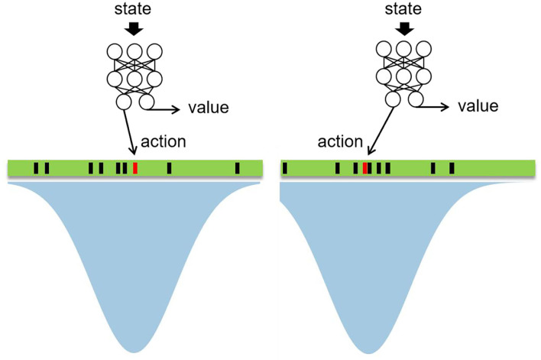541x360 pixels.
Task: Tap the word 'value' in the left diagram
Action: [207, 107]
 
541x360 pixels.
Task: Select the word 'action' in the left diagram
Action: [164, 142]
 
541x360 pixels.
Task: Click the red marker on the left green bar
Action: [134, 168]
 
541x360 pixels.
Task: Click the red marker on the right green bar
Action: [365, 168]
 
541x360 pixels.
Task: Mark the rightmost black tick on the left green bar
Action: [237, 168]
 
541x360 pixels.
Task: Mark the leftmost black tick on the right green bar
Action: [285, 168]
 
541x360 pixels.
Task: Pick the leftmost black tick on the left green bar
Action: [35, 168]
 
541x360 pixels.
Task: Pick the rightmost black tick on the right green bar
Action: [452, 168]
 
